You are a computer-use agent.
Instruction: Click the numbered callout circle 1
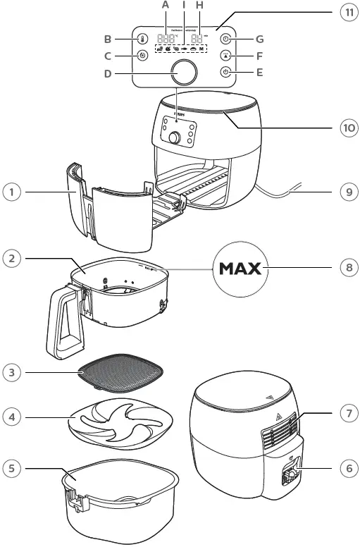(10, 191)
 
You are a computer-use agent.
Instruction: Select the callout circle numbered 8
(346, 269)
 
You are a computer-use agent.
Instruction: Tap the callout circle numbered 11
(346, 13)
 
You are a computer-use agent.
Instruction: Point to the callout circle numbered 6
(346, 466)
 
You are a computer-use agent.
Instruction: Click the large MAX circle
(240, 269)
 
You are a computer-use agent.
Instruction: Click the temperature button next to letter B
(142, 39)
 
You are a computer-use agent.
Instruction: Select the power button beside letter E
(225, 72)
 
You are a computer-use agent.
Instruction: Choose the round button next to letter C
(142, 56)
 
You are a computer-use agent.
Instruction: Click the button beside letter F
(225, 56)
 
